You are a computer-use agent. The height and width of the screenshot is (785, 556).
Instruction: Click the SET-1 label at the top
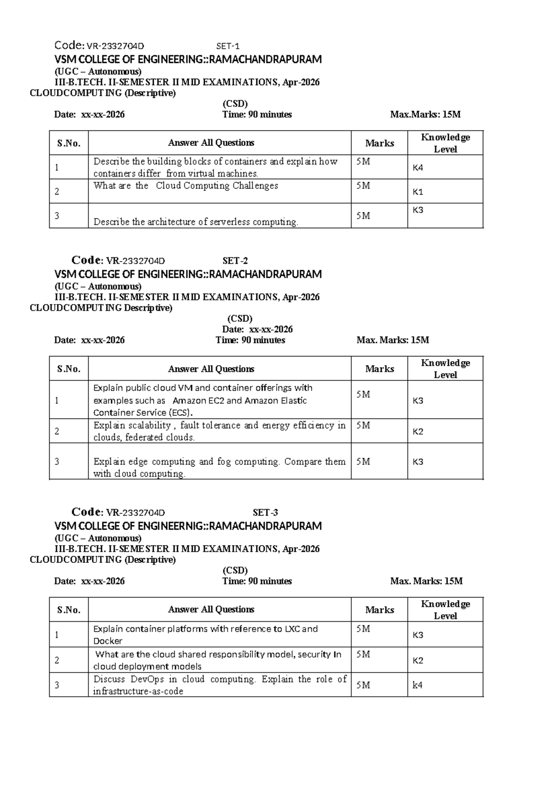point(228,46)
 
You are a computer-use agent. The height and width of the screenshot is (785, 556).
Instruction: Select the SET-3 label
point(265,512)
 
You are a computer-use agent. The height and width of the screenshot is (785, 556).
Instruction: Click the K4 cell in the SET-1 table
point(418,168)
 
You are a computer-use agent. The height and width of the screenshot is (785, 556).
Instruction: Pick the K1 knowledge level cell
point(418,192)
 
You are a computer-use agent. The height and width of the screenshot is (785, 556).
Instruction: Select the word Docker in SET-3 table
point(108,641)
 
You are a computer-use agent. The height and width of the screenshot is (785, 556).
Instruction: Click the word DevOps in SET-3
point(148,679)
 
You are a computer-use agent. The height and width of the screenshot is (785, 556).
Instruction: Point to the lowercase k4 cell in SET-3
point(418,685)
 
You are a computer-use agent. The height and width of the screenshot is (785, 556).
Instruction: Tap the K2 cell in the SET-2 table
point(418,431)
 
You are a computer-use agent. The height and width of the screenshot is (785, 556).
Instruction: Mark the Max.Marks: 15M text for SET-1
point(425,114)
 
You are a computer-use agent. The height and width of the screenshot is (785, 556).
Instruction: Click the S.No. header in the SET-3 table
point(69,610)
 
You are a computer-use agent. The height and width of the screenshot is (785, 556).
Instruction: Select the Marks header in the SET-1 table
point(379,143)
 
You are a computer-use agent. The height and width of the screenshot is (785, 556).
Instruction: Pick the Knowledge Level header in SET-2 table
point(445,368)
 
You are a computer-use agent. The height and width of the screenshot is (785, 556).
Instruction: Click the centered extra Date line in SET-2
point(257,329)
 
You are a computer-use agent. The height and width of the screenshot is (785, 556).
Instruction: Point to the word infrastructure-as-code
point(138,691)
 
